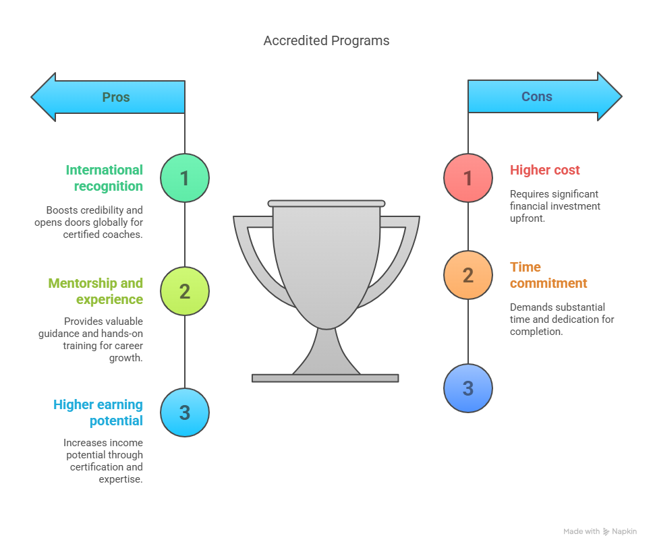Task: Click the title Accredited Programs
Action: pyautogui.click(x=326, y=41)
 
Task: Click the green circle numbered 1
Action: pyautogui.click(x=185, y=178)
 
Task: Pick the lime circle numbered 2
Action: pyautogui.click(x=185, y=291)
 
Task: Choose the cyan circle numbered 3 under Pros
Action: pyautogui.click(x=185, y=413)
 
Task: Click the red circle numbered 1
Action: pyautogui.click(x=468, y=178)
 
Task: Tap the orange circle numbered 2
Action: pyautogui.click(x=468, y=275)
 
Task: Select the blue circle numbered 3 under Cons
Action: pyautogui.click(x=468, y=388)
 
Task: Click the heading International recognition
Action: pyautogui.click(x=105, y=178)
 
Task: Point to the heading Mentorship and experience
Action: pyautogui.click(x=96, y=291)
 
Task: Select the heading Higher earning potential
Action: pyautogui.click(x=98, y=413)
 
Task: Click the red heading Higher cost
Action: pyautogui.click(x=545, y=170)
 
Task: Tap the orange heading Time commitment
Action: pyautogui.click(x=548, y=275)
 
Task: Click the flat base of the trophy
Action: pyautogui.click(x=325, y=378)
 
